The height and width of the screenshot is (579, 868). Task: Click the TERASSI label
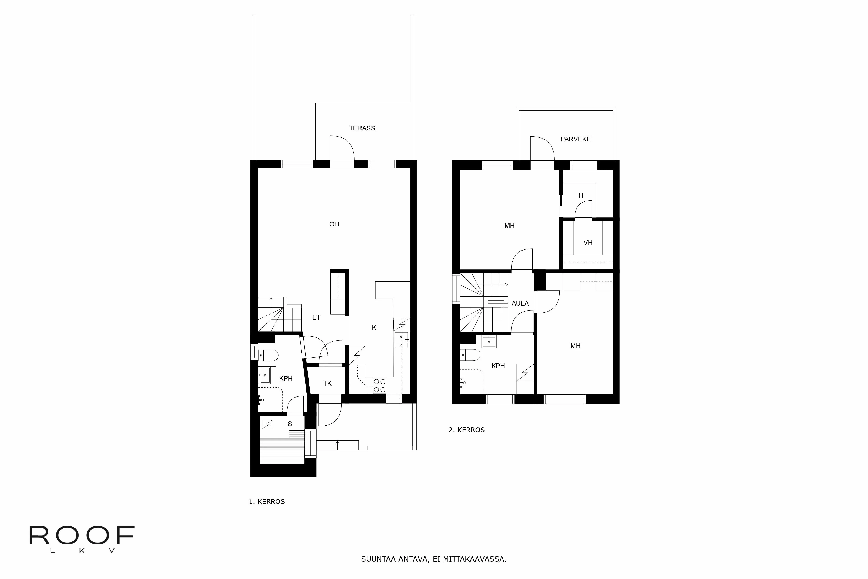click(363, 128)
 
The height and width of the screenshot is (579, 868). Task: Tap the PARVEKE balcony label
click(575, 139)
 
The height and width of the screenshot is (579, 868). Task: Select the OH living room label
click(334, 224)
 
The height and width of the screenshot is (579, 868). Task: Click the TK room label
click(327, 383)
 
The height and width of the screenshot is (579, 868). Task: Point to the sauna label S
click(290, 424)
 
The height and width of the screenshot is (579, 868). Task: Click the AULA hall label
click(520, 304)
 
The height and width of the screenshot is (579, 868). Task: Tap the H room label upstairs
click(580, 195)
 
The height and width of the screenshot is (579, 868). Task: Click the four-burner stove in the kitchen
click(379, 386)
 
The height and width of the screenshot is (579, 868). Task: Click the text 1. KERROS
click(267, 501)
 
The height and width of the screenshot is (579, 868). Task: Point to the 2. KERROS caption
click(467, 430)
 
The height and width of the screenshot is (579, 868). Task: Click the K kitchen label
click(374, 328)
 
